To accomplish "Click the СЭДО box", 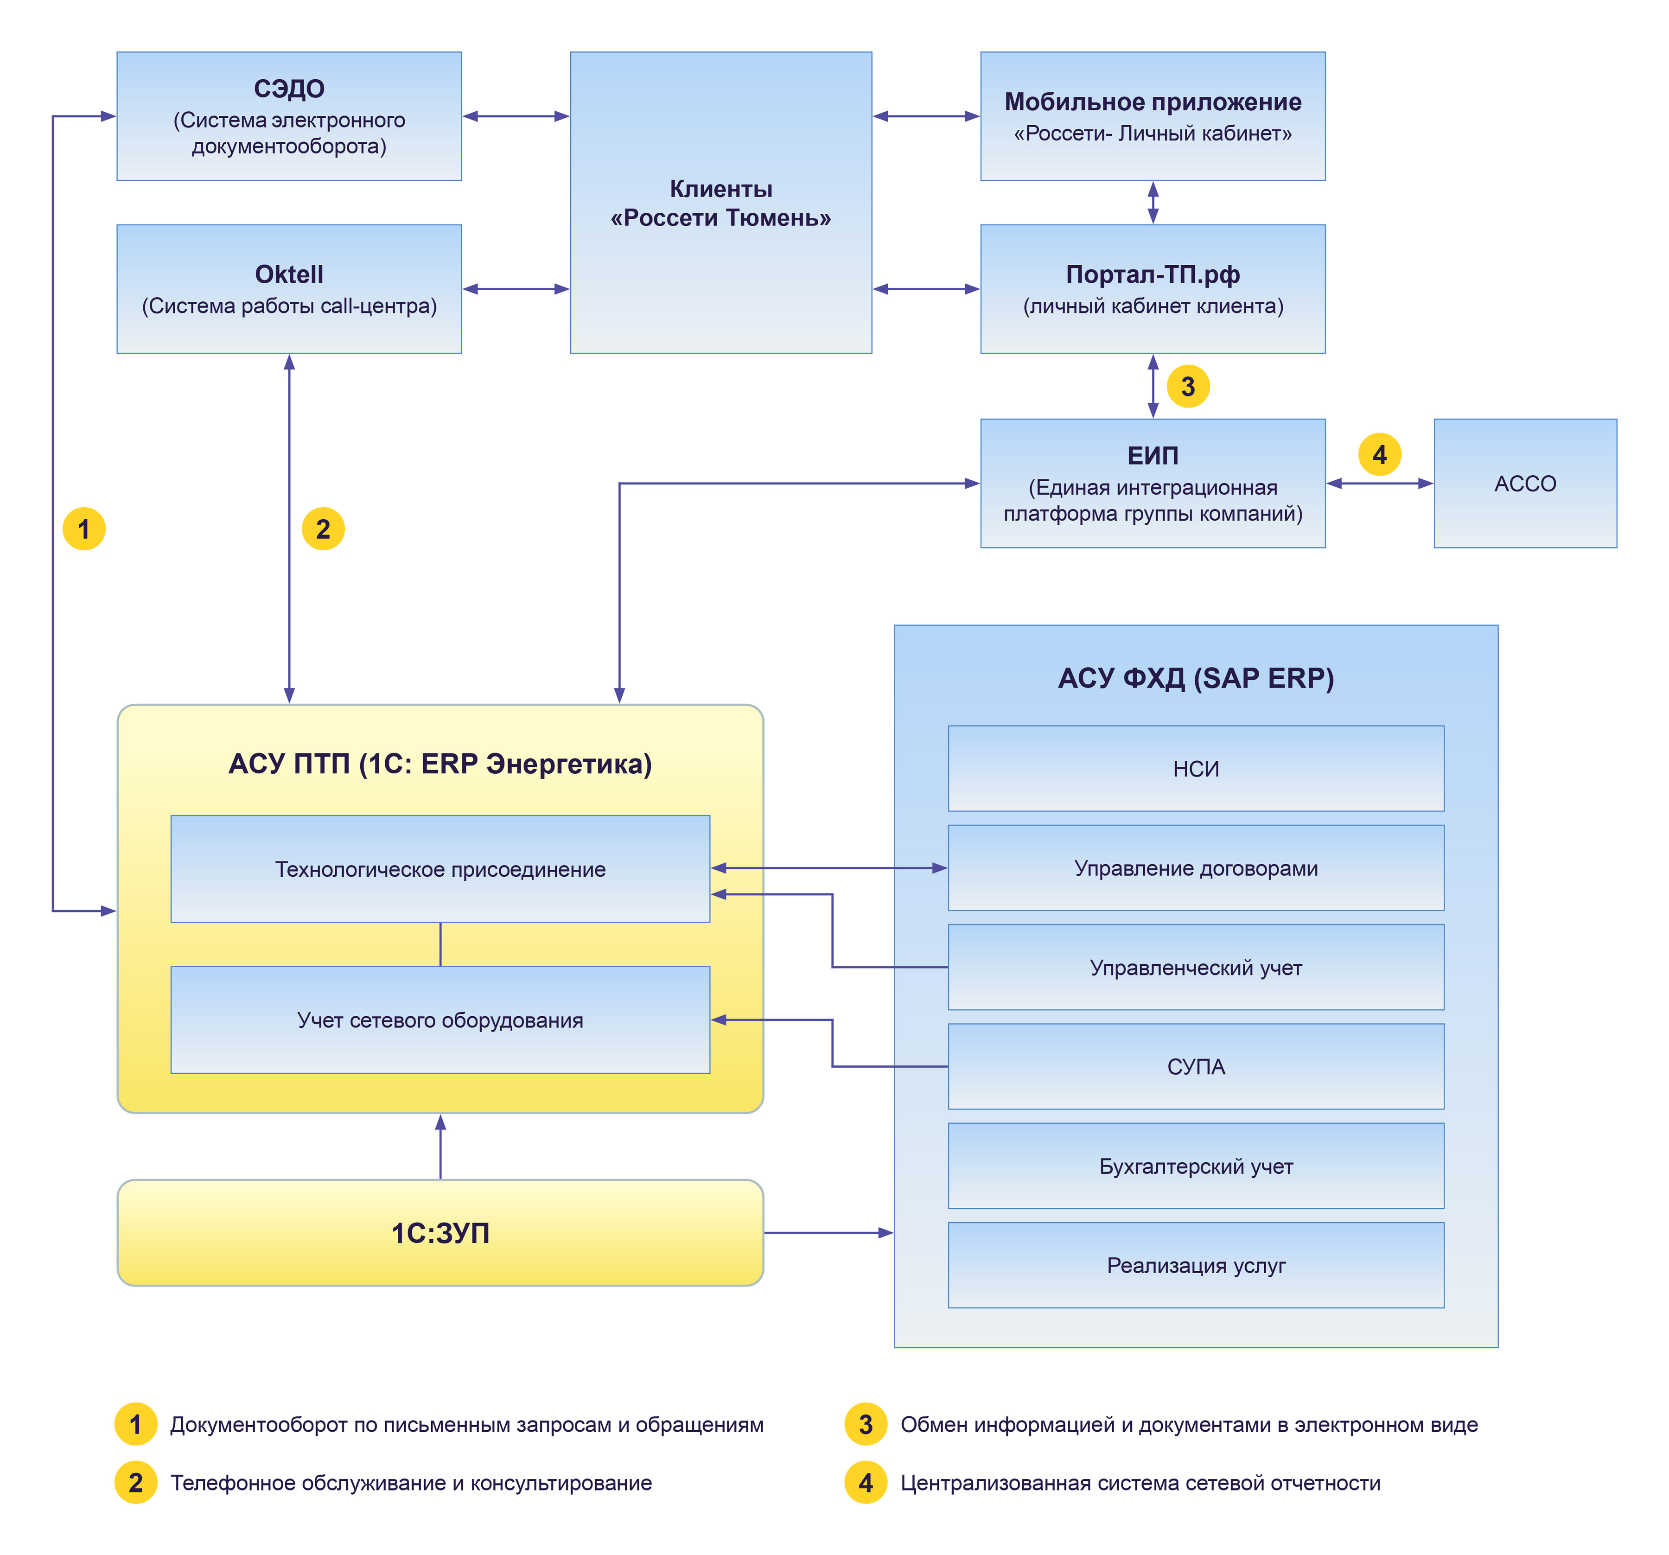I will coord(289,116).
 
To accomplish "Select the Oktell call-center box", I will coord(289,289).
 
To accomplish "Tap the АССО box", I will coord(1525,484).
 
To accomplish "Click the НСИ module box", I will coord(1196,768).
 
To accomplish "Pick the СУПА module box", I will coord(1196,1066).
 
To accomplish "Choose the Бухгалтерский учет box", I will coord(1196,1166).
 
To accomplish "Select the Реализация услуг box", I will coord(1196,1265).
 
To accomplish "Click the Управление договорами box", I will coord(1196,867).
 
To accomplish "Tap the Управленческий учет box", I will coord(1196,967).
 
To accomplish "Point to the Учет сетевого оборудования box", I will coord(440,1020).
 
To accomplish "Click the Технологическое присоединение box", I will coord(440,869).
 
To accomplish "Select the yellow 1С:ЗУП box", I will coord(440,1233).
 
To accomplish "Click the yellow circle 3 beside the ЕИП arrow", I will coord(1188,386).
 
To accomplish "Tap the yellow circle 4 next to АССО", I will coord(1379,454).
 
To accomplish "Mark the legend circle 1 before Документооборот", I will coord(135,1424).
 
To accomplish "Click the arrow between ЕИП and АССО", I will coord(1379,484).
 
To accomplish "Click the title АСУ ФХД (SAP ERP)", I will coord(1196,677).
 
